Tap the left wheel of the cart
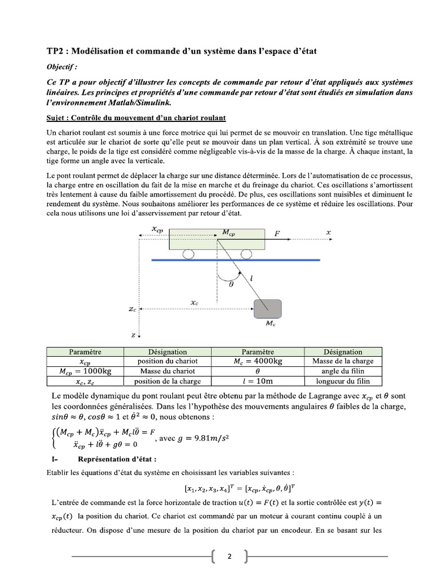click(x=188, y=255)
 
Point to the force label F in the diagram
click(x=277, y=233)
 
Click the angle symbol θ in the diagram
click(x=231, y=284)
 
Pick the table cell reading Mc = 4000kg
click(x=258, y=361)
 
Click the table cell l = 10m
click(x=258, y=380)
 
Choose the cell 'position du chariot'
click(x=167, y=361)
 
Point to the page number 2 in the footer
click(x=229, y=557)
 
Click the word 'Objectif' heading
click(x=60, y=66)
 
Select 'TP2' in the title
click(x=56, y=51)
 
